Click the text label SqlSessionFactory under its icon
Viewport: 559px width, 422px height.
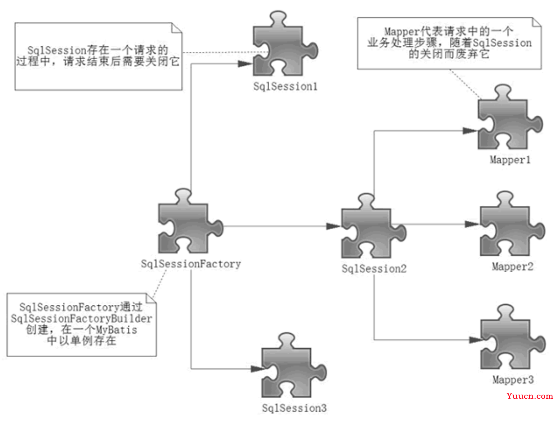191,263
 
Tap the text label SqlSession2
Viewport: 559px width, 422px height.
374,268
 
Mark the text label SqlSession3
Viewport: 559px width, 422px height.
295,408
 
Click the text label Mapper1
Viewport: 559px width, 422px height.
510,160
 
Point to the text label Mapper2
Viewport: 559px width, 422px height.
512,267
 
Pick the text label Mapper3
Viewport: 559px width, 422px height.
513,380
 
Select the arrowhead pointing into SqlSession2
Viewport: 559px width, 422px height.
333,226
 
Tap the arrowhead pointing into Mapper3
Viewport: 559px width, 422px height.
475,340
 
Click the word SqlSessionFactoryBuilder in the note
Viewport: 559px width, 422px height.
81,318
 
